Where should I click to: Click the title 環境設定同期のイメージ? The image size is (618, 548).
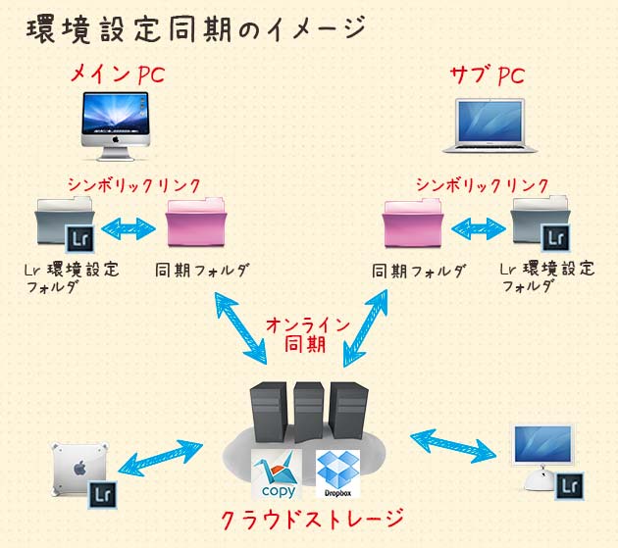click(x=196, y=28)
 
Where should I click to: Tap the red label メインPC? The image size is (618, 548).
click(x=118, y=75)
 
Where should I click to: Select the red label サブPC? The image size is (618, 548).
click(x=488, y=75)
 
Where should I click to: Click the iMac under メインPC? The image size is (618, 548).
click(x=116, y=126)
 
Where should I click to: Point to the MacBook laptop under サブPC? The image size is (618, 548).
click(x=489, y=125)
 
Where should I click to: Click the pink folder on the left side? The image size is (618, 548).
click(x=196, y=224)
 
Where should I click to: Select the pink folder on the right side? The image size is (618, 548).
click(x=413, y=224)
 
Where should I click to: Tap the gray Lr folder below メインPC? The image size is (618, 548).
click(x=66, y=224)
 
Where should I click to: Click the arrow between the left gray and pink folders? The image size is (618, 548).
click(x=129, y=228)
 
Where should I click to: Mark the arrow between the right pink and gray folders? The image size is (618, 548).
click(x=478, y=228)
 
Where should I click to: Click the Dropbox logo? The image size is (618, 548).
click(x=337, y=473)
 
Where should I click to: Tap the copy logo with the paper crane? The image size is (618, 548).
click(x=277, y=473)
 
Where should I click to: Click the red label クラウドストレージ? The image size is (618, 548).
click(x=312, y=520)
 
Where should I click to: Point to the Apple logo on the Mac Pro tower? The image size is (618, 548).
click(x=80, y=468)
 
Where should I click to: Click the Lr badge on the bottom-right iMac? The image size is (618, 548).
click(x=569, y=486)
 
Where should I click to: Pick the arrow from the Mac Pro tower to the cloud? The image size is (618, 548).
click(x=160, y=456)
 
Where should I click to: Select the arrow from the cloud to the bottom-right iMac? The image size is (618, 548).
click(x=453, y=446)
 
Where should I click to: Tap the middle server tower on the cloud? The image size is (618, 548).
click(x=308, y=412)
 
